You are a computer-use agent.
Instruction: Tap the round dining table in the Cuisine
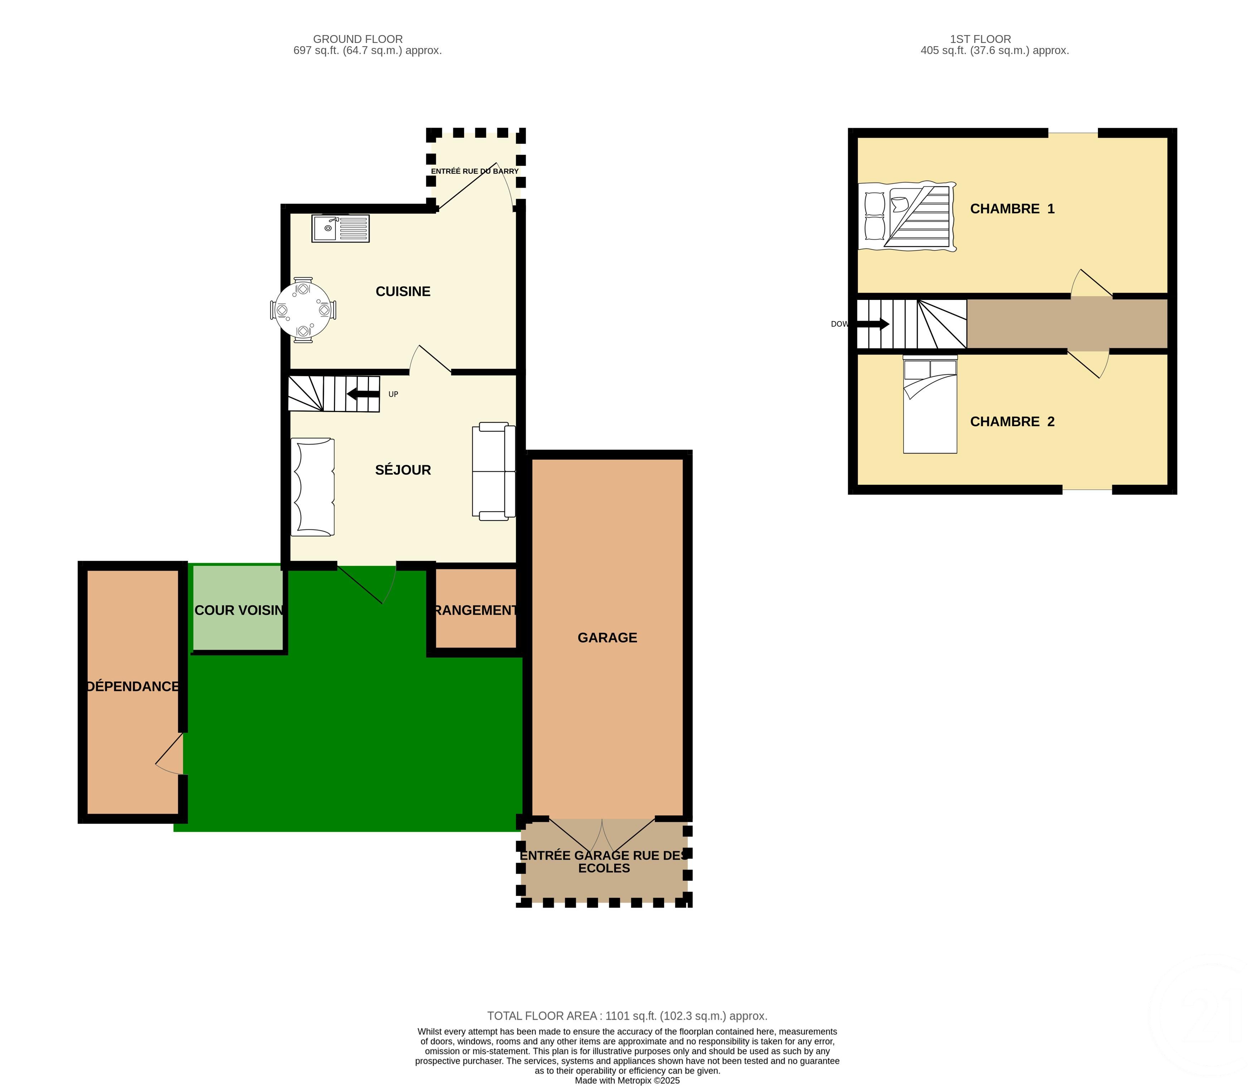pyautogui.click(x=303, y=310)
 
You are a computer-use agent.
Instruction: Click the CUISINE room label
pyautogui.click(x=403, y=291)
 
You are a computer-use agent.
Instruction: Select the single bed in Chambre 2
pyautogui.click(x=930, y=406)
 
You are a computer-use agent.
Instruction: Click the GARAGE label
pyautogui.click(x=607, y=637)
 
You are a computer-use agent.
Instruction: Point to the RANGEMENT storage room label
pyautogui.click(x=476, y=610)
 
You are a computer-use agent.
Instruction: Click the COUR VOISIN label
pyautogui.click(x=239, y=610)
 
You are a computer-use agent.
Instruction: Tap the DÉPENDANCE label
pyautogui.click(x=133, y=686)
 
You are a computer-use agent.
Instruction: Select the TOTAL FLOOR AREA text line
pyautogui.click(x=627, y=1016)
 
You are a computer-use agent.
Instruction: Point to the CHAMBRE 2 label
pyautogui.click(x=1012, y=422)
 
